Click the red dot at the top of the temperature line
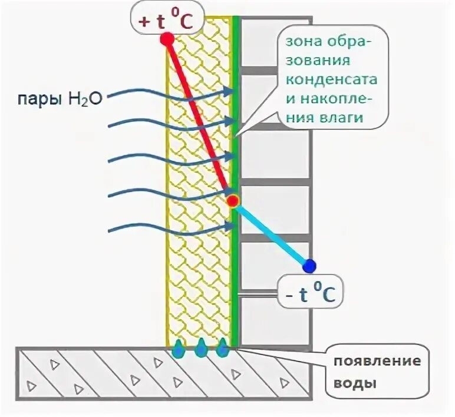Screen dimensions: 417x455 (167, 39)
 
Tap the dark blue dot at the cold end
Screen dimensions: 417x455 (309, 266)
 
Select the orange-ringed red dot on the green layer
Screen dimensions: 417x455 (233, 201)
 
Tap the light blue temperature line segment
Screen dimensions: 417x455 (271, 233)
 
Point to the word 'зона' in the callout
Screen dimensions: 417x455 (300, 42)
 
